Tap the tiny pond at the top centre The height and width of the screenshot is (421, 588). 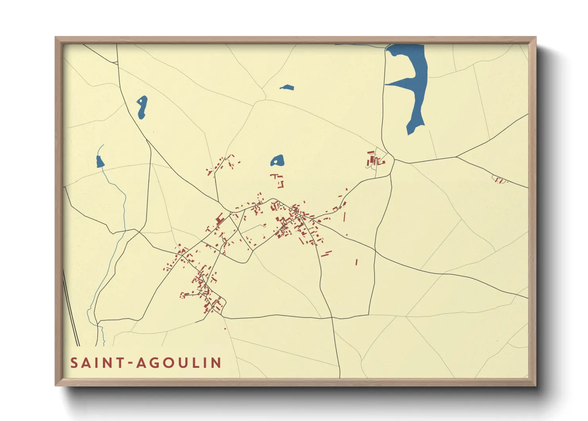pyautogui.click(x=286, y=87)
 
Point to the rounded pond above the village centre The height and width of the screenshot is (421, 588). pyautogui.click(x=277, y=161)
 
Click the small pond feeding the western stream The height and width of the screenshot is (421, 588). pyautogui.click(x=100, y=162)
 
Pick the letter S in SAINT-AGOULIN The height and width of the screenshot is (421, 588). pyautogui.click(x=74, y=363)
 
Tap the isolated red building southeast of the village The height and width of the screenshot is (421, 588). pyautogui.click(x=356, y=262)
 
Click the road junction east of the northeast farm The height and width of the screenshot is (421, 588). pyautogui.click(x=394, y=161)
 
